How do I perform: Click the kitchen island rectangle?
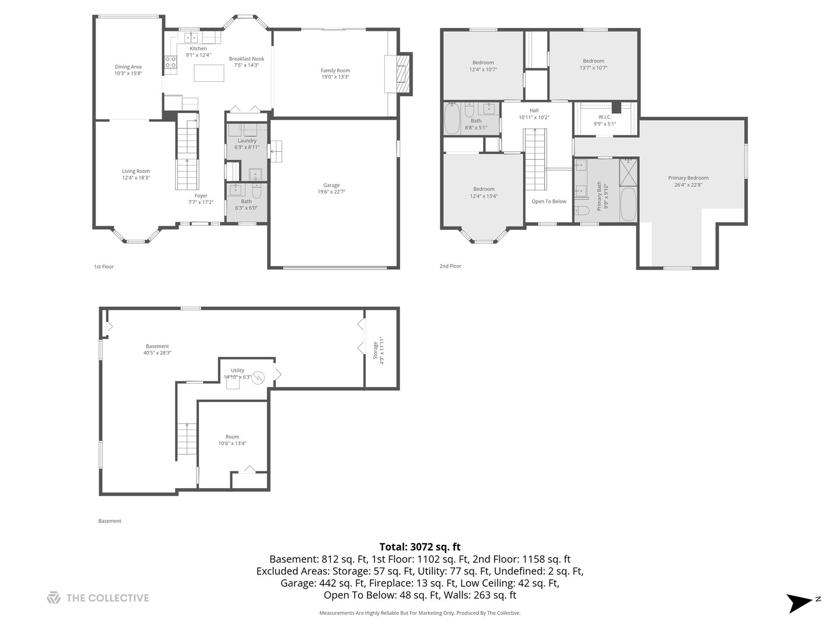[209, 73]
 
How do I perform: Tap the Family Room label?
[335, 71]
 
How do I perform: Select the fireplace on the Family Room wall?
[401, 73]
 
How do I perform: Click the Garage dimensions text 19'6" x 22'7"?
[331, 192]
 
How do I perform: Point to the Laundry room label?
[247, 141]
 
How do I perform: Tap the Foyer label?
[201, 196]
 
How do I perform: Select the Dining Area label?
[128, 67]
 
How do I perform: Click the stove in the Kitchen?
[170, 62]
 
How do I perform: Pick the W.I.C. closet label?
[604, 117]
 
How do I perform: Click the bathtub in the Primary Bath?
[628, 204]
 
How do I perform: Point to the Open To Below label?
[549, 201]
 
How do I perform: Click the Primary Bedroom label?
[688, 178]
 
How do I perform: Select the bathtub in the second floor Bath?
[452, 119]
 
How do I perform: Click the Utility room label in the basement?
[237, 370]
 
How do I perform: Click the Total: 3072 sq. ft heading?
[420, 547]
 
